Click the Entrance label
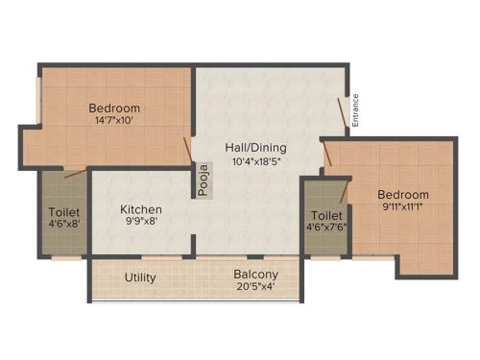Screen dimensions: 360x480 pos(355,109)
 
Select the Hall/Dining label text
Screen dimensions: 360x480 pos(255,148)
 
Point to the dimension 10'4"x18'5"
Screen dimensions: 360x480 pos(255,162)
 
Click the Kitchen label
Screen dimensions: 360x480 pos(140,210)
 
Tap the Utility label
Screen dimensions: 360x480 pos(141,277)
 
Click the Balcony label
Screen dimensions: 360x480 pos(256,274)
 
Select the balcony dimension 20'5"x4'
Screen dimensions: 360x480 pos(256,286)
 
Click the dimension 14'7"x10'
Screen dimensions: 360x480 pos(114,121)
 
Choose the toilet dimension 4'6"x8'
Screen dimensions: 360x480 pos(64,225)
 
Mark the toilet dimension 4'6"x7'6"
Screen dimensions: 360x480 pos(327,228)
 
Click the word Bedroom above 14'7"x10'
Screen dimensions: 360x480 pos(114,108)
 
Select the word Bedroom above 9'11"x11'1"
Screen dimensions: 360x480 pos(402,195)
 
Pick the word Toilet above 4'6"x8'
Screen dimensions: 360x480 pos(64,211)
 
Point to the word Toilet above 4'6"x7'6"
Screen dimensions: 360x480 pos(327,216)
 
